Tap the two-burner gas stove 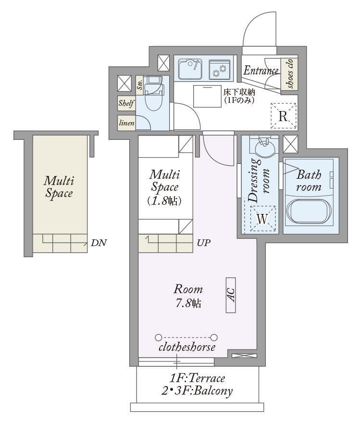pyautogui.click(x=220, y=69)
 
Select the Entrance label pyautogui.click(x=261, y=71)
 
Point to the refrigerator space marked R pyautogui.click(x=283, y=116)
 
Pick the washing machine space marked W pyautogui.click(x=262, y=219)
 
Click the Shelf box pyautogui.click(x=126, y=103)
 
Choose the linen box pyautogui.click(x=126, y=123)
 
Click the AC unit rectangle pyautogui.click(x=231, y=295)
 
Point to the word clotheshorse pyautogui.click(x=187, y=347)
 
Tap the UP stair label pyautogui.click(x=204, y=243)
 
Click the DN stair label pyautogui.click(x=99, y=243)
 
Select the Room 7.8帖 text pyautogui.click(x=188, y=296)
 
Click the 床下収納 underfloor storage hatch pyautogui.click(x=207, y=96)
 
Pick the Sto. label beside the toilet pyautogui.click(x=140, y=85)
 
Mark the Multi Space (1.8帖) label pyautogui.click(x=164, y=187)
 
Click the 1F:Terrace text pyautogui.click(x=198, y=378)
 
